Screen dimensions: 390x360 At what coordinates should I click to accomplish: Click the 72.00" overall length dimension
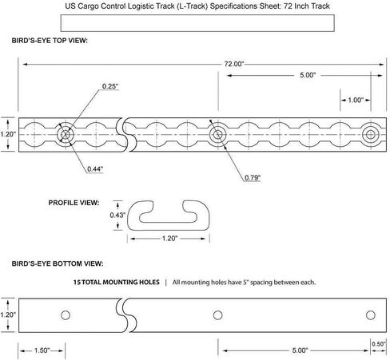[234, 64]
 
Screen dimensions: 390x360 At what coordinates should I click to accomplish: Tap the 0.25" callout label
[110, 86]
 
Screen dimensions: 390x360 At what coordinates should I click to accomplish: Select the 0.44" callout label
[95, 169]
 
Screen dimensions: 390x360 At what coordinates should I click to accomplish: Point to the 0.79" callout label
[253, 178]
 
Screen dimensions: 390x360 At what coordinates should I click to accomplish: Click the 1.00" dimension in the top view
[356, 100]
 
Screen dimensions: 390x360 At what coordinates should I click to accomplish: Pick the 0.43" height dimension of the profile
[117, 215]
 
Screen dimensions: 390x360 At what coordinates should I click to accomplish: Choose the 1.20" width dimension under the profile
[169, 239]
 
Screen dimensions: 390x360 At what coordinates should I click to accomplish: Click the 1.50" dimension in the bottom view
[42, 350]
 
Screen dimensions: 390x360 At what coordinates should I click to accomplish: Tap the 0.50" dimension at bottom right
[379, 344]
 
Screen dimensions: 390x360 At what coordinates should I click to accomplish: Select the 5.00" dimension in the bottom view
[300, 350]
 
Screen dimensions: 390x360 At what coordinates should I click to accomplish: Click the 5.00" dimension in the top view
[308, 75]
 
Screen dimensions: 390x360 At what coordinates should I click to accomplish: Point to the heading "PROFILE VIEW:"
[74, 203]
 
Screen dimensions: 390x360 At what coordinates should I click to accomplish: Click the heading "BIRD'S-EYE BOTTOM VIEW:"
[58, 263]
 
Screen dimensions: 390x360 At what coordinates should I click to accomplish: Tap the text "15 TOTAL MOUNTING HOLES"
[117, 283]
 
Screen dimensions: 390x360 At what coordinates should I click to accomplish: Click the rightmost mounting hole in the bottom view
[371, 315]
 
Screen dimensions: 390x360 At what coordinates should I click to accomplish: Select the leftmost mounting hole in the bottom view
[66, 315]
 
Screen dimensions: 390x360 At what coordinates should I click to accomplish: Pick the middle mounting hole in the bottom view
[218, 315]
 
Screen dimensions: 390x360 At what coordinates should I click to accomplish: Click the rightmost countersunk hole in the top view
[371, 135]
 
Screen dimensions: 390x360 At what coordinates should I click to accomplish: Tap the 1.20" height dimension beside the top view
[8, 134]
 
